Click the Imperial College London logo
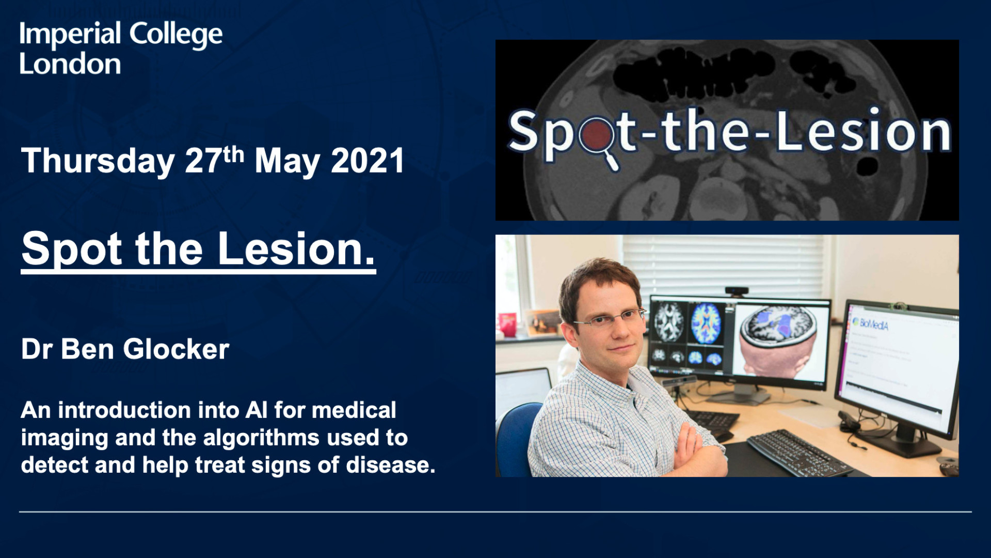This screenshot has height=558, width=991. click(121, 48)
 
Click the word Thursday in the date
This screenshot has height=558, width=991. click(98, 161)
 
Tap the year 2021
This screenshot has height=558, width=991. click(367, 161)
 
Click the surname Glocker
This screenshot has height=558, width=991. click(176, 349)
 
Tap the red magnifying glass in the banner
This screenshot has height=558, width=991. click(599, 139)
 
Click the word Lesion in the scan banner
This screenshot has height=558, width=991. click(864, 132)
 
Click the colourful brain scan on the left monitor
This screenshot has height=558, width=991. click(706, 323)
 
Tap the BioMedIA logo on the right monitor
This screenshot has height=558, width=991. click(871, 324)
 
